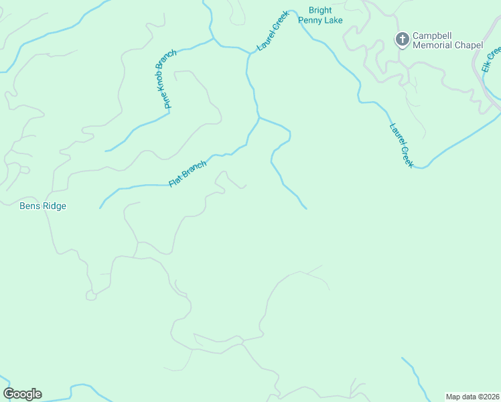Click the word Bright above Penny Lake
click(319, 11)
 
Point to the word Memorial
click(435, 46)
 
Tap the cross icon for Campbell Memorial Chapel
click(402, 40)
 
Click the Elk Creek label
click(491, 59)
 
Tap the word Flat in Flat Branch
click(175, 180)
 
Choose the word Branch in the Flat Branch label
click(194, 169)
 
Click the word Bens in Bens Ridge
click(30, 206)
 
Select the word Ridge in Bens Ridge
click(54, 206)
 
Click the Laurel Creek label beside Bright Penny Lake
click(273, 31)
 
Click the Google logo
click(23, 394)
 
